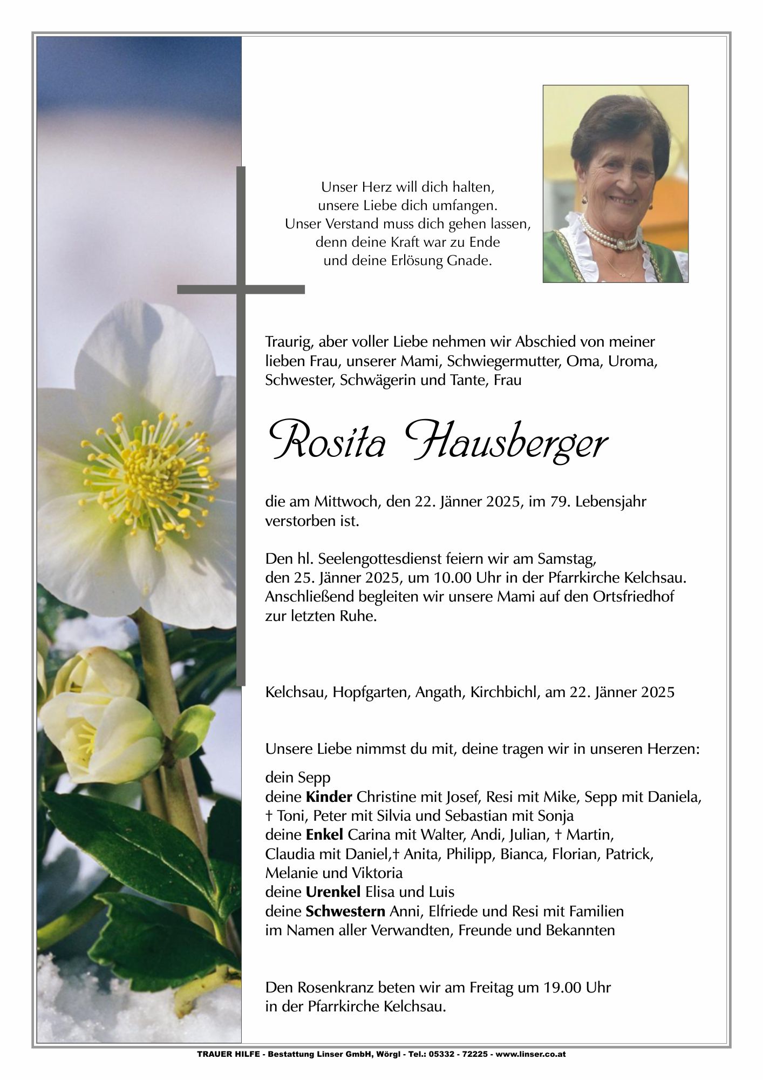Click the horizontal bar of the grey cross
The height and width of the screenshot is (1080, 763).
241,289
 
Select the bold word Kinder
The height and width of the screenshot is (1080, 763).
329,796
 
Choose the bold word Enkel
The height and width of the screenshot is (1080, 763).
324,835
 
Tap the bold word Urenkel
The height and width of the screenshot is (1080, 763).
333,892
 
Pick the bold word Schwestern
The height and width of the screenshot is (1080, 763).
345,912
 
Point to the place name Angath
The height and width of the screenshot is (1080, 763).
435,692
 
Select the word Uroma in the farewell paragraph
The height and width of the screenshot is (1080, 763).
632,361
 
